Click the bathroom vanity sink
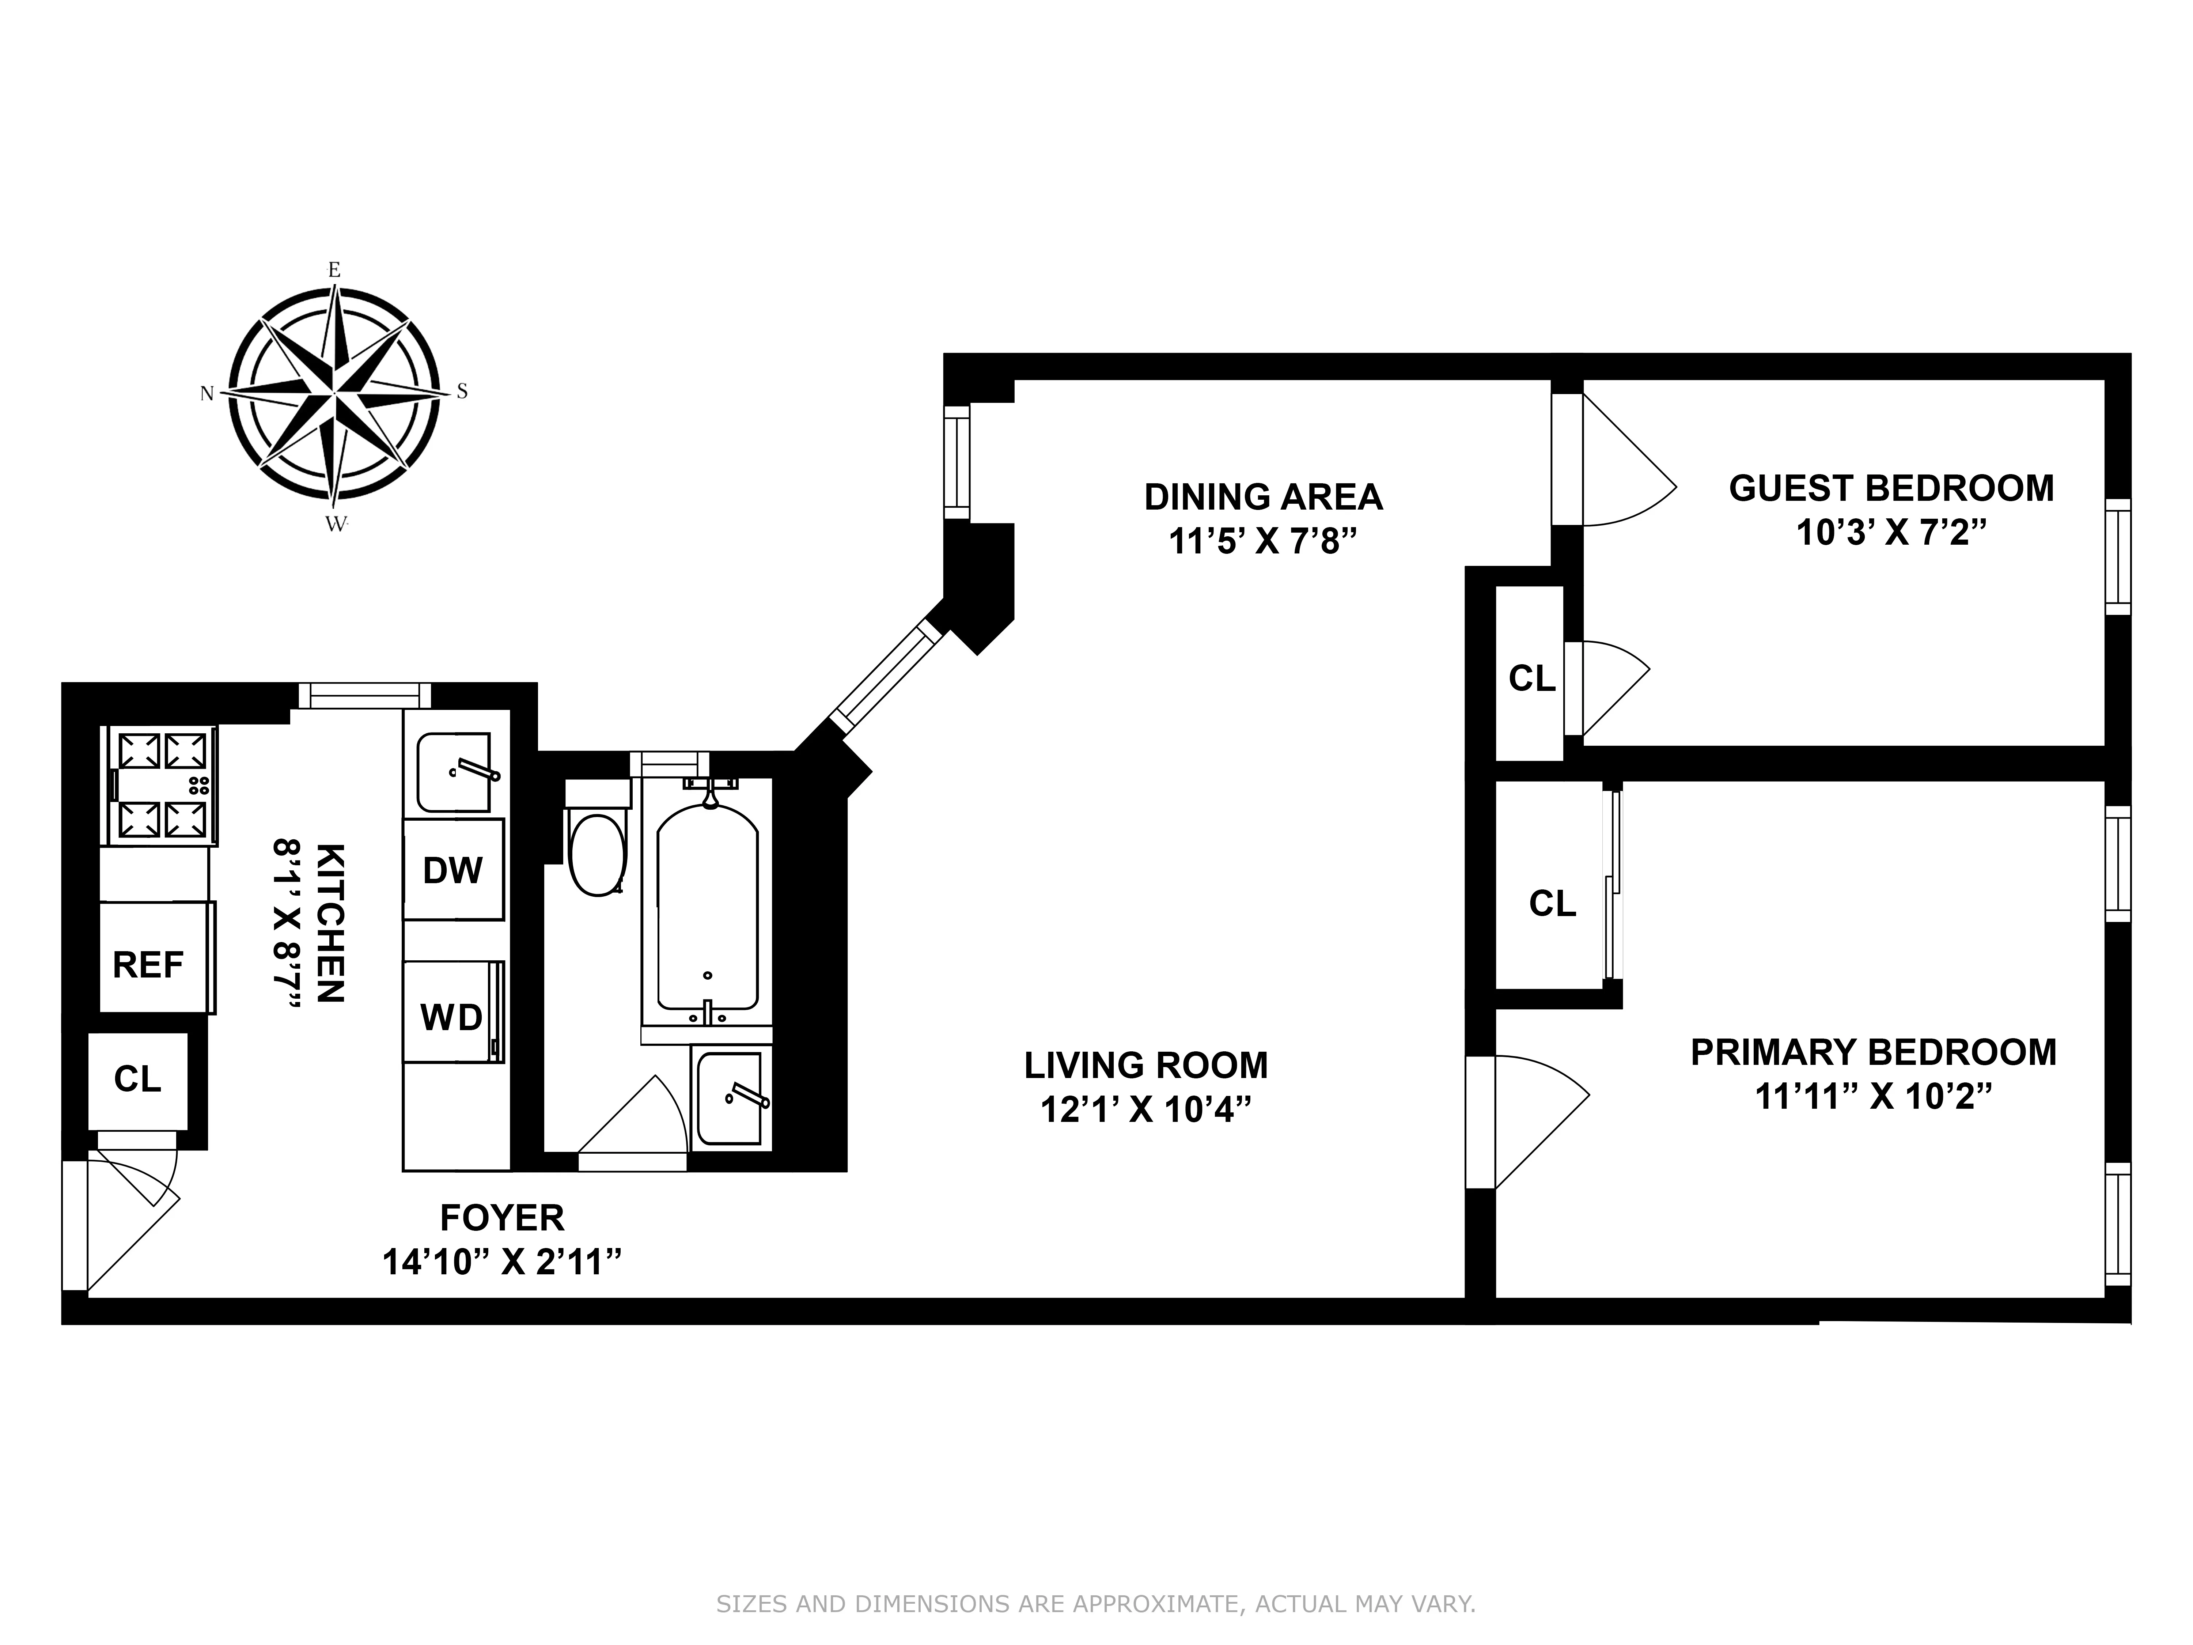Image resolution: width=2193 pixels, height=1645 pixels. pos(731,1098)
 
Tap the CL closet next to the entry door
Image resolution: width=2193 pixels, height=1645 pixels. pos(138,1079)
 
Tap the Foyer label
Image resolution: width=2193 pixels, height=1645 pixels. pos(502,1217)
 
